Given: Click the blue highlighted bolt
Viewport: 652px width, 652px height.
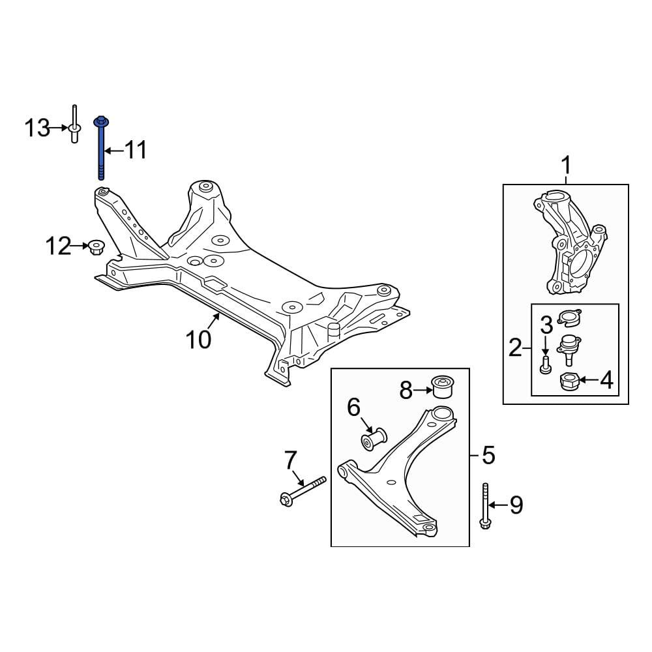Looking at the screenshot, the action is coord(101,149).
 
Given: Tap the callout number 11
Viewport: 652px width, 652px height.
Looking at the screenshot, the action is coord(136,150).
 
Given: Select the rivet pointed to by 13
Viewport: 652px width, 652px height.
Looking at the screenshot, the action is coord(74,124).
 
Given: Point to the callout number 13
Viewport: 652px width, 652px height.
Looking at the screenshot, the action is coord(37,128).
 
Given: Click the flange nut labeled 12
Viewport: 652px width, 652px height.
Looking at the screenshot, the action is coord(96,247).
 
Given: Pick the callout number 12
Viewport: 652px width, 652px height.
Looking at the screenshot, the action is coord(58,246).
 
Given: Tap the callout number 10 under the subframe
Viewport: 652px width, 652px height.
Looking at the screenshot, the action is coord(199,339).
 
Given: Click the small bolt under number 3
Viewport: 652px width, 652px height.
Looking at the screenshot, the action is coord(545,364).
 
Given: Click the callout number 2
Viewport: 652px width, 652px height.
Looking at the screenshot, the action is coord(515,348).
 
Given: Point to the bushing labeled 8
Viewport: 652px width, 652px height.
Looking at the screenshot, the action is coord(443,386).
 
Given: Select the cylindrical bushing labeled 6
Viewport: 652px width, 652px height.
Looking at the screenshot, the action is coord(373,439).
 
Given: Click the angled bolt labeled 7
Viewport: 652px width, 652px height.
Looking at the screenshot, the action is coord(303,492).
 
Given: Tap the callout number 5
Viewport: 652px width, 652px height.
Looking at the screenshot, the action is coord(488,455).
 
